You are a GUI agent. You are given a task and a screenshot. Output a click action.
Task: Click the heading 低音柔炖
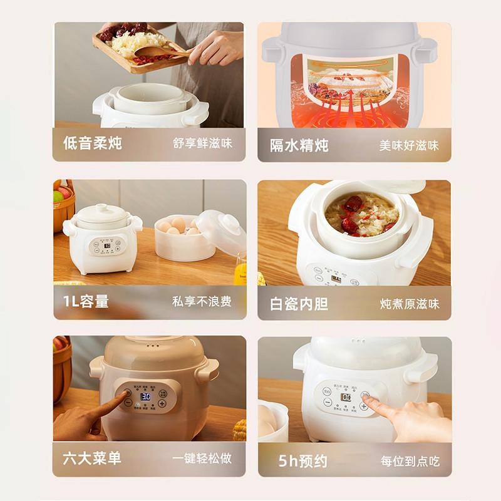[92, 143]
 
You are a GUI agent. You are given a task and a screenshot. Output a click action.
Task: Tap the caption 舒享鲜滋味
[202, 143]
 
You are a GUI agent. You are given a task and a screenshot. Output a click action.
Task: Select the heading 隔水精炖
[299, 145]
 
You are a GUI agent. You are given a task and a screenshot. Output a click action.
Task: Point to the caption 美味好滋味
[409, 145]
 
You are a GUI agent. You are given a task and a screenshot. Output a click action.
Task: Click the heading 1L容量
[86, 302]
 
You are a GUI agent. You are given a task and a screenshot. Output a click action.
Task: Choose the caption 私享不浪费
[202, 302]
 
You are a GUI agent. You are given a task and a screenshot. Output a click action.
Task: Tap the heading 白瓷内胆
[299, 304]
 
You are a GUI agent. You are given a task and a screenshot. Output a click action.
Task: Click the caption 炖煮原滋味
[409, 304]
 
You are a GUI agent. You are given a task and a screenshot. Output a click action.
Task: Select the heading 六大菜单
[92, 458]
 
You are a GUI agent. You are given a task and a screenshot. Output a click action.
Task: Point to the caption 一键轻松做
[202, 458]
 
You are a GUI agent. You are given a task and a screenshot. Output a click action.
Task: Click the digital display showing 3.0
[145, 396]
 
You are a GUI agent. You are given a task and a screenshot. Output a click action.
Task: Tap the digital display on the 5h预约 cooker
[346, 397]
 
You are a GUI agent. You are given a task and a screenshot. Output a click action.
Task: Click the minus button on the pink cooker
[128, 403]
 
